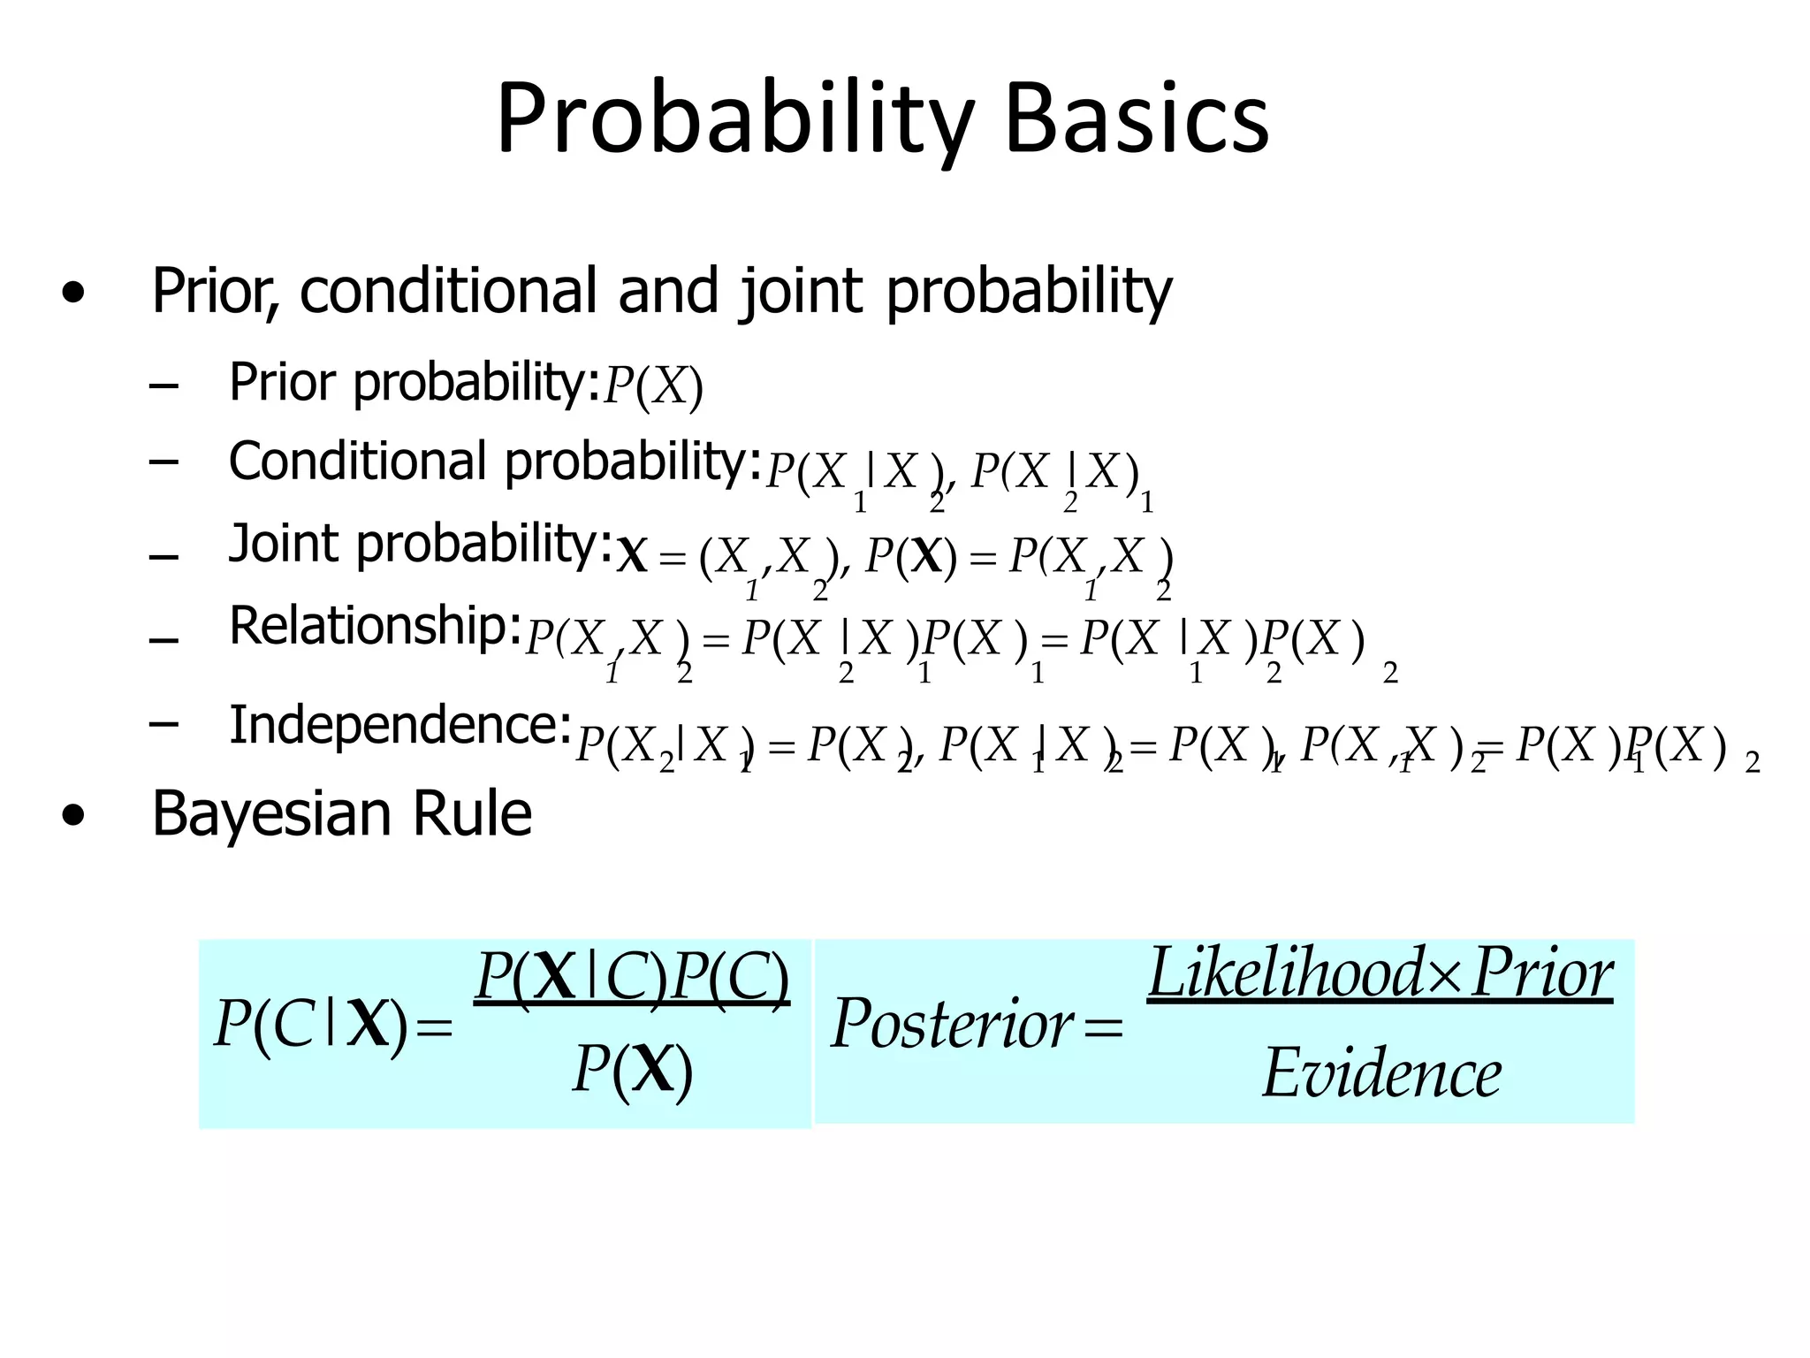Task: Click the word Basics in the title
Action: (x=1137, y=120)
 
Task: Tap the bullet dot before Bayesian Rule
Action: (x=74, y=816)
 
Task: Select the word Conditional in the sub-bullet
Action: (x=357, y=462)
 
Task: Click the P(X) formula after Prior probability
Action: (x=653, y=387)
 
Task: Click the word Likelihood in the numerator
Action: (x=1287, y=973)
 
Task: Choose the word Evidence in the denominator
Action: (x=1381, y=1073)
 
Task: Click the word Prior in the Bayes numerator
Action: (x=1542, y=973)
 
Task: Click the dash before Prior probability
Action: (x=164, y=386)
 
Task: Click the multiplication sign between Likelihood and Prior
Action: (x=1445, y=974)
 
